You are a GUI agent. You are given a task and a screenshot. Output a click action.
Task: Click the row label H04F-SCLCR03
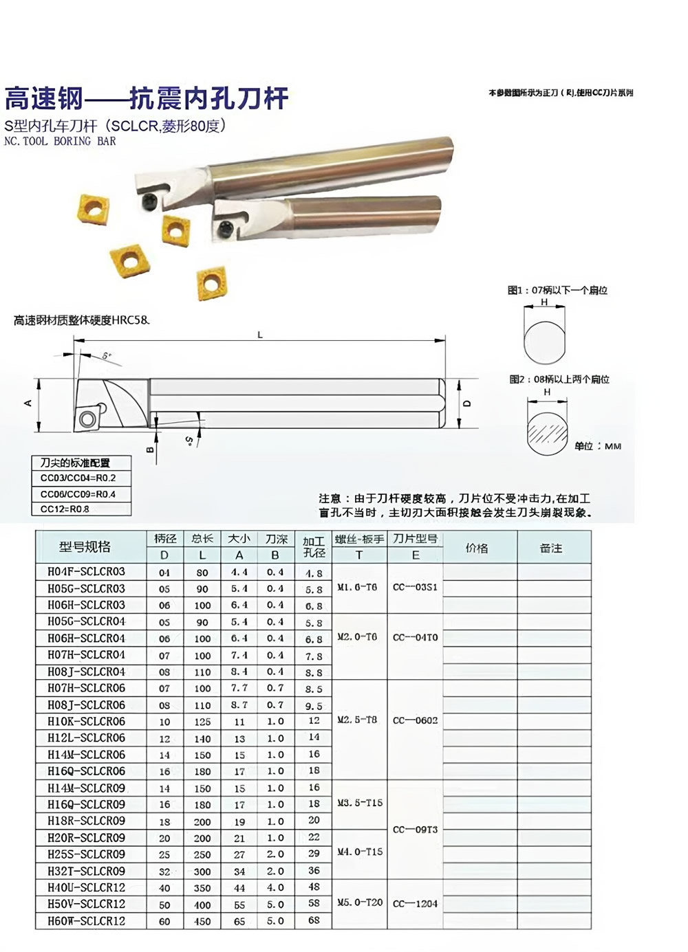87,571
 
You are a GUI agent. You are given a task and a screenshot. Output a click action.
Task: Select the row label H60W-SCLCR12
87,920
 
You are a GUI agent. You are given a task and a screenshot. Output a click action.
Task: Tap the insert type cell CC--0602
415,720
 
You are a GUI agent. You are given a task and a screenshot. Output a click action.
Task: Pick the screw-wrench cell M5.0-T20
360,902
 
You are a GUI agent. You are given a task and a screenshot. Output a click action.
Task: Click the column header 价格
477,548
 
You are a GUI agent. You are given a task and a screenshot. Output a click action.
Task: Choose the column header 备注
551,548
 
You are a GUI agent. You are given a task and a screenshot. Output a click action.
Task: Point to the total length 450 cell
202,921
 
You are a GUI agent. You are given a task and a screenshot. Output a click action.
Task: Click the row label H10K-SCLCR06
87,722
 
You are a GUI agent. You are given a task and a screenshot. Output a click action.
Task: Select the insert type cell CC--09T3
415,830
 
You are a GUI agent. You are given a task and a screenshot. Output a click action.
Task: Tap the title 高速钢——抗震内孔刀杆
146,98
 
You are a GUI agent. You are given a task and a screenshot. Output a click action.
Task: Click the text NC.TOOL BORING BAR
60,141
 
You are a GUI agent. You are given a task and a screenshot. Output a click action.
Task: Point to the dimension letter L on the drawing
260,335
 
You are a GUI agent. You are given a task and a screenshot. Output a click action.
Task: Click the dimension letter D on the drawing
468,403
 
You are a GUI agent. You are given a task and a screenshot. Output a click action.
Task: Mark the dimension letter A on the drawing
29,403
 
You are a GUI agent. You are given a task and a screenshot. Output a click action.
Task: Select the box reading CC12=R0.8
81,509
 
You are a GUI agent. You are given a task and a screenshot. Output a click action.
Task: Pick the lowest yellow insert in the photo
211,284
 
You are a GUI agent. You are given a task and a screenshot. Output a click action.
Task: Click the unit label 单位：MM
598,446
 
